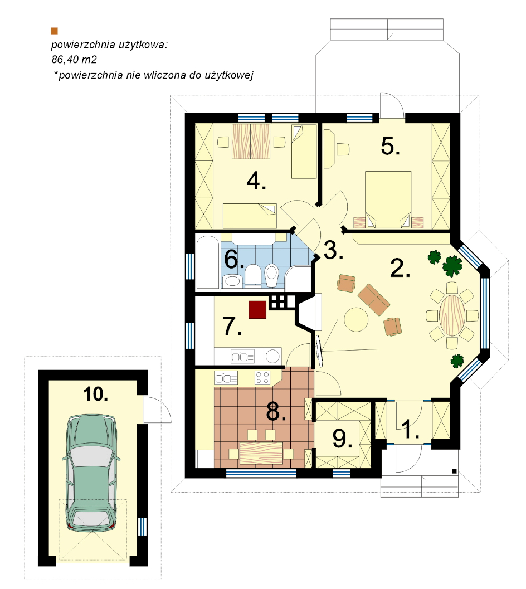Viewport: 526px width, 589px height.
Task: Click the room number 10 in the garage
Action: (95, 394)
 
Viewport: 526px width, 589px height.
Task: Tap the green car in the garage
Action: (91, 473)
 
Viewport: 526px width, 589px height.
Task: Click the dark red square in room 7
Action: (257, 309)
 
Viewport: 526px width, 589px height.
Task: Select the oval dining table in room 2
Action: (452, 315)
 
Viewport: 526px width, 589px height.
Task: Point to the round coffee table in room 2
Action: (356, 320)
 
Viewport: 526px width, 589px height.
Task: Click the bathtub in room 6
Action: (208, 262)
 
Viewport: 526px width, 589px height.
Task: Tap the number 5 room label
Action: (390, 146)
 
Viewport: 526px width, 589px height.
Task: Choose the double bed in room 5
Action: (388, 199)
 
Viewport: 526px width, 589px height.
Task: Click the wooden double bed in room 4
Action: (251, 141)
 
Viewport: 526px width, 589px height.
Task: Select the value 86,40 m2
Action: (74, 60)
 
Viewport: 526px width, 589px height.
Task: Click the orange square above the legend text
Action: (55, 31)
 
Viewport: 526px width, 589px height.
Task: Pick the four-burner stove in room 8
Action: (262, 377)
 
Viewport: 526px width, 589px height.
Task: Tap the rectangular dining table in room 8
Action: (261, 452)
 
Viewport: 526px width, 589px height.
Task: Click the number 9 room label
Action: (342, 439)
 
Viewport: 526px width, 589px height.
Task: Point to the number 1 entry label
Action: (410, 429)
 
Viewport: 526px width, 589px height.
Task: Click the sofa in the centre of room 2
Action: (373, 299)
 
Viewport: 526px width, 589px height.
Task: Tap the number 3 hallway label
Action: (333, 250)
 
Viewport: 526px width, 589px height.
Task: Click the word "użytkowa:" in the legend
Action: (144, 45)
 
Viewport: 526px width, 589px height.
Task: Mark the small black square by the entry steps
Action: (454, 471)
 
